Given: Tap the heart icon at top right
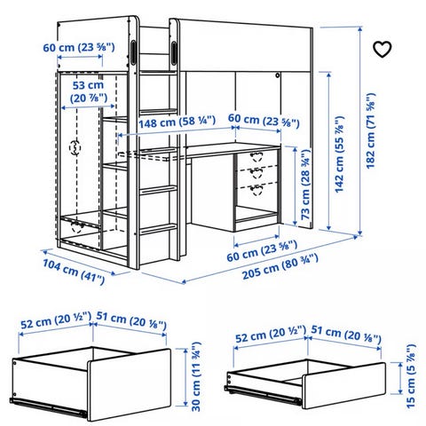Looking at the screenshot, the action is [382, 50].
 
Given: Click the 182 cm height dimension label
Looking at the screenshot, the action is [370, 130].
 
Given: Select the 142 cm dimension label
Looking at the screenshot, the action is [339, 154].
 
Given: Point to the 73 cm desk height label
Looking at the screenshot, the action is [305, 184].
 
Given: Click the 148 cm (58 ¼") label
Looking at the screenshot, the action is [177, 122].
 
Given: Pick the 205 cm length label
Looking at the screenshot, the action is [280, 267].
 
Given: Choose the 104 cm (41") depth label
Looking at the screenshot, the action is [74, 272].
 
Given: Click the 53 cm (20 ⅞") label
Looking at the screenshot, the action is [88, 91].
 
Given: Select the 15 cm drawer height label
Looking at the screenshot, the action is [411, 376].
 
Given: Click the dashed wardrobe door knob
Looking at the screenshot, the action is [75, 147].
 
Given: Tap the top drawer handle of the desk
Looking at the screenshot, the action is [256, 156].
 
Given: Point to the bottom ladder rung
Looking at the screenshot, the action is [158, 229].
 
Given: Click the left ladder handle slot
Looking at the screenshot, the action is [133, 51].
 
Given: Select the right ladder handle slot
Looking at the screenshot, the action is [174, 53].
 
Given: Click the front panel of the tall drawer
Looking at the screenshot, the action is [129, 384].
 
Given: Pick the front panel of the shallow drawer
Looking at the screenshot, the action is [344, 385].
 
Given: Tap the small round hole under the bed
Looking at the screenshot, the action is [278, 75].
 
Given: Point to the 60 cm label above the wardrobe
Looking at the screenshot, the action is [79, 48].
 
